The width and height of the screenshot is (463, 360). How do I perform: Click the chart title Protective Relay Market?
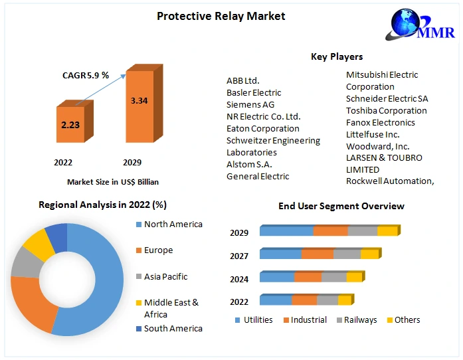tap(221, 16)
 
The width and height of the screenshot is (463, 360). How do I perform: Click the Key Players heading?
tap(337, 56)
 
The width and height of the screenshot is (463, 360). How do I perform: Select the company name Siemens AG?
tap(250, 104)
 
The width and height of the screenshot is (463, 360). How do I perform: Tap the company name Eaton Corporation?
tap(263, 128)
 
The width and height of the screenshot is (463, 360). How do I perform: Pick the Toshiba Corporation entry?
tap(387, 110)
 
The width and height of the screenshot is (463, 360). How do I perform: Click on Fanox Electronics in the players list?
tap(381, 122)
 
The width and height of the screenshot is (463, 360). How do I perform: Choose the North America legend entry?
tap(173, 225)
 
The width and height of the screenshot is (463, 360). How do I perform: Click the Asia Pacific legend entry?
tap(165, 276)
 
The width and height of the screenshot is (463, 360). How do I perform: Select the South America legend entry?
tap(173, 328)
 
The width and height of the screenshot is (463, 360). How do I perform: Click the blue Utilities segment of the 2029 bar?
tap(286, 231)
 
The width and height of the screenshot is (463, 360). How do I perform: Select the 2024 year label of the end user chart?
tap(239, 279)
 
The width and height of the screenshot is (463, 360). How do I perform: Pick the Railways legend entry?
tap(360, 320)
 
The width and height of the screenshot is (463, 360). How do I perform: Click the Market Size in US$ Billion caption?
tap(113, 182)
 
